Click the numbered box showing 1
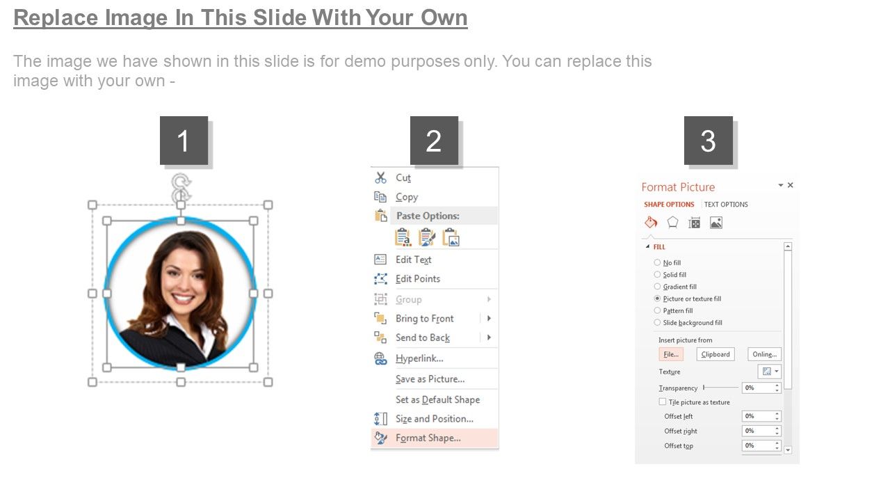(184, 141)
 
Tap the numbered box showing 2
(434, 141)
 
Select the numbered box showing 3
(709, 141)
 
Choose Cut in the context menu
(403, 177)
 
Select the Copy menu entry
(407, 197)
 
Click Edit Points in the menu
(418, 279)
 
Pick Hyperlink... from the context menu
(419, 358)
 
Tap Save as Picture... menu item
(430, 379)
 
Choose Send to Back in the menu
(422, 337)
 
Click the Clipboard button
(715, 354)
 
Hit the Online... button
(764, 354)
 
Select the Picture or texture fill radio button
(657, 299)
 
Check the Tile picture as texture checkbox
(663, 402)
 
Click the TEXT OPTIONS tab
(726, 205)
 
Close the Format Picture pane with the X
(791, 185)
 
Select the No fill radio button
(657, 263)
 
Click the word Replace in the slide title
(56, 18)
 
